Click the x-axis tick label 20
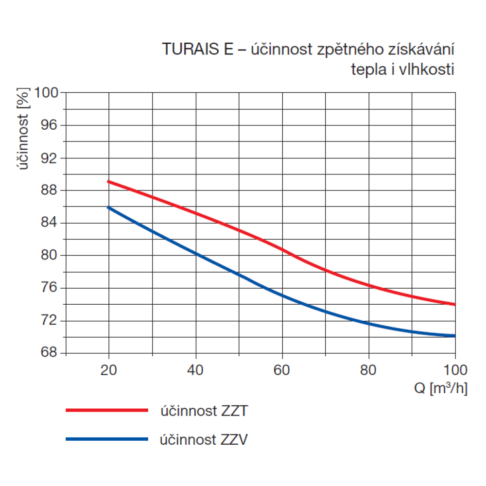point(109,370)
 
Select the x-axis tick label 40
point(195,370)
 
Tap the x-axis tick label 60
point(282,370)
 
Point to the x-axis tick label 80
point(368,370)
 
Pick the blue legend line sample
point(106,439)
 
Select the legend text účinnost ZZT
point(205,411)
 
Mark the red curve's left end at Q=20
point(108,182)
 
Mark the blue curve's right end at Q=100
point(454,335)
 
